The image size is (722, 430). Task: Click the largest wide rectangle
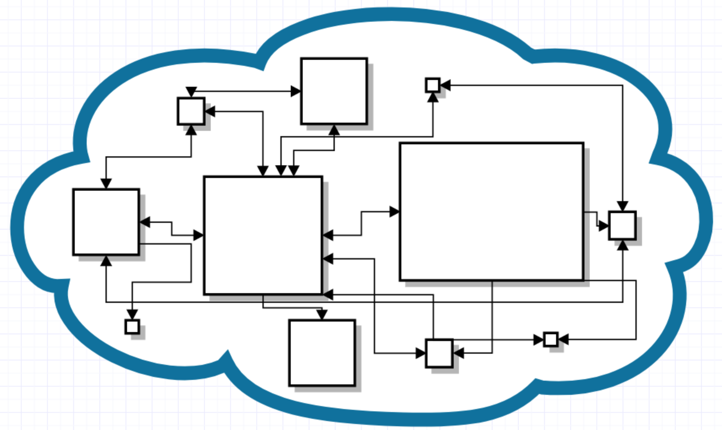[491, 212]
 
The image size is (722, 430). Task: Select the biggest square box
[263, 236]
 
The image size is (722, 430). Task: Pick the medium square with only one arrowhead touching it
[322, 353]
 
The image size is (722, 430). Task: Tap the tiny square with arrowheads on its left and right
[550, 340]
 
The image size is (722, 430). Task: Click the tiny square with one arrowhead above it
[132, 327]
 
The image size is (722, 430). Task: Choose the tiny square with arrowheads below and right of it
[433, 85]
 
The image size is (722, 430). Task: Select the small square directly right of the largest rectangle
[622, 225]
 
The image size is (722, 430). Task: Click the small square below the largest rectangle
[439, 353]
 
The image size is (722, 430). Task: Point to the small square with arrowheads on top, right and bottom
[191, 111]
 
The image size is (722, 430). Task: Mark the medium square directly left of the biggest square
[106, 222]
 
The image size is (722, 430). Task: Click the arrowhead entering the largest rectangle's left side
[394, 212]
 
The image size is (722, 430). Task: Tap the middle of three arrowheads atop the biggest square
[281, 171]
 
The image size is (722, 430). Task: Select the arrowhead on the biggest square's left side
[198, 235]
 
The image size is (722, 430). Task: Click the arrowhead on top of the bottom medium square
[322, 315]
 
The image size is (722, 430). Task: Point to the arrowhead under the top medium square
[334, 130]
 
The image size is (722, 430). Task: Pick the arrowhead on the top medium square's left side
[296, 91]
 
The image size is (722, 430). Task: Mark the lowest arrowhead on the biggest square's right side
[328, 295]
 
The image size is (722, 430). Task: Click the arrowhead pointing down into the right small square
[622, 206]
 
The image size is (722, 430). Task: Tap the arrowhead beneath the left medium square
[106, 261]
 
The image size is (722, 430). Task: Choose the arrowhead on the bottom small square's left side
[421, 353]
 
